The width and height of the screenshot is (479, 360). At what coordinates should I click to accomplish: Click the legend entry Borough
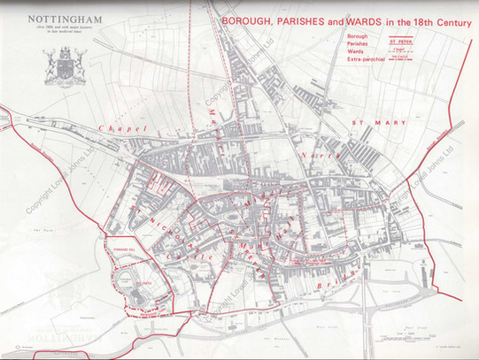coord(336,36)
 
